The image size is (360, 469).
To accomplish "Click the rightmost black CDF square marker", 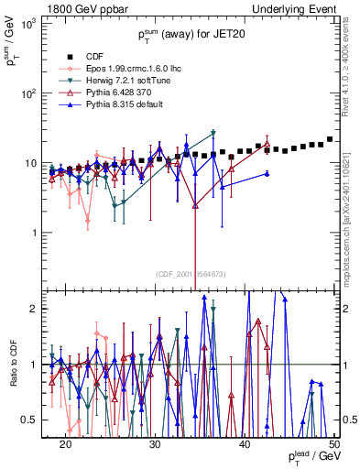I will (x=330, y=139).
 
